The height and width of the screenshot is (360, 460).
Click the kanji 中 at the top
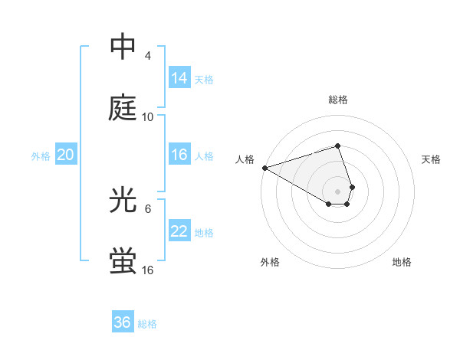pyautogui.click(x=123, y=47)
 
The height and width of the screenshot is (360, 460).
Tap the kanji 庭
pyautogui.click(x=123, y=108)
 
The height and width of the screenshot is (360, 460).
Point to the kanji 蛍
pyautogui.click(x=123, y=261)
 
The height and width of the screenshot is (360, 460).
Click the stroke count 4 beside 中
pyautogui.click(x=147, y=56)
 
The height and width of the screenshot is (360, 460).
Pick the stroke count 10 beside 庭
pyautogui.click(x=148, y=117)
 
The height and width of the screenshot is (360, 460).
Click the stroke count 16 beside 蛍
pyautogui.click(x=148, y=270)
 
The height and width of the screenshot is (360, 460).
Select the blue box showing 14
pyautogui.click(x=179, y=78)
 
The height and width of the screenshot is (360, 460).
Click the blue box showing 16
pyautogui.click(x=179, y=155)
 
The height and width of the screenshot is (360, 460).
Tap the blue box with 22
pyautogui.click(x=179, y=231)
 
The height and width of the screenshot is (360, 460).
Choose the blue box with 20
pyautogui.click(x=66, y=155)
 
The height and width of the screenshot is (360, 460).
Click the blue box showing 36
pyautogui.click(x=123, y=322)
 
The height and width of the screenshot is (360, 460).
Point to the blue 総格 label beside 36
pyautogui.click(x=147, y=324)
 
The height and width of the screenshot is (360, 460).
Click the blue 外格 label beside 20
pyautogui.click(x=41, y=156)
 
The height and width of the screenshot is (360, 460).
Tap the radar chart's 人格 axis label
pyautogui.click(x=245, y=159)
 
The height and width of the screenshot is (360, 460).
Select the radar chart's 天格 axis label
pyautogui.click(x=431, y=159)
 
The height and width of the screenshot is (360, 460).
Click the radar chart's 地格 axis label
pyautogui.click(x=402, y=262)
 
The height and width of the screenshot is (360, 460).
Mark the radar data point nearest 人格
pyautogui.click(x=264, y=167)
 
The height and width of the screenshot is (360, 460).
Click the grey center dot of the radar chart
pyautogui.click(x=337, y=191)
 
